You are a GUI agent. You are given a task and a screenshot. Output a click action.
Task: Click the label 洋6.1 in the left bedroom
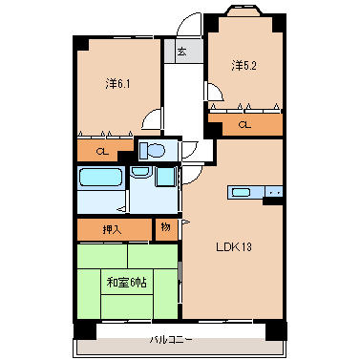(x=117, y=83)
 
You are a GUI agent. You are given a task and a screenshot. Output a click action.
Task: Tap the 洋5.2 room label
(x=244, y=65)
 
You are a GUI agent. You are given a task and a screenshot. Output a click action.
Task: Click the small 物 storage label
(x=166, y=228)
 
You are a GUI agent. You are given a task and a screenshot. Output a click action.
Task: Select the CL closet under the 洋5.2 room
(x=244, y=124)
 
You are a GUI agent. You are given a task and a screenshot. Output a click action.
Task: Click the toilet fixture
(x=154, y=151)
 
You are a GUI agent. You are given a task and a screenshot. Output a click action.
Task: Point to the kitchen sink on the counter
(x=242, y=192)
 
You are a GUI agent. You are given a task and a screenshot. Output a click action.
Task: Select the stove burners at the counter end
(x=274, y=192)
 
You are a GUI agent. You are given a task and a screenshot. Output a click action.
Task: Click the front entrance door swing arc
(x=191, y=27)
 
